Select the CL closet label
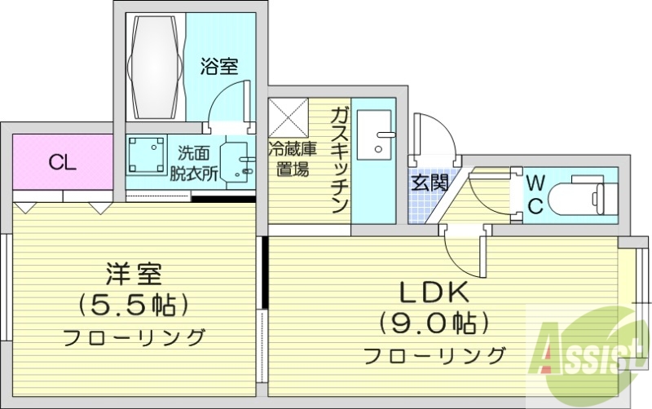(x=62, y=162)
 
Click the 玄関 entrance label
(x=429, y=183)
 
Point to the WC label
(x=535, y=193)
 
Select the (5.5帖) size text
(x=133, y=304)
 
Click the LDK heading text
(x=432, y=292)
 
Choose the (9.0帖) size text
(x=432, y=323)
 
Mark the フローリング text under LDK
(x=432, y=355)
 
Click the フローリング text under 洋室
(x=133, y=336)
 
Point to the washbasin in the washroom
(x=236, y=161)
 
